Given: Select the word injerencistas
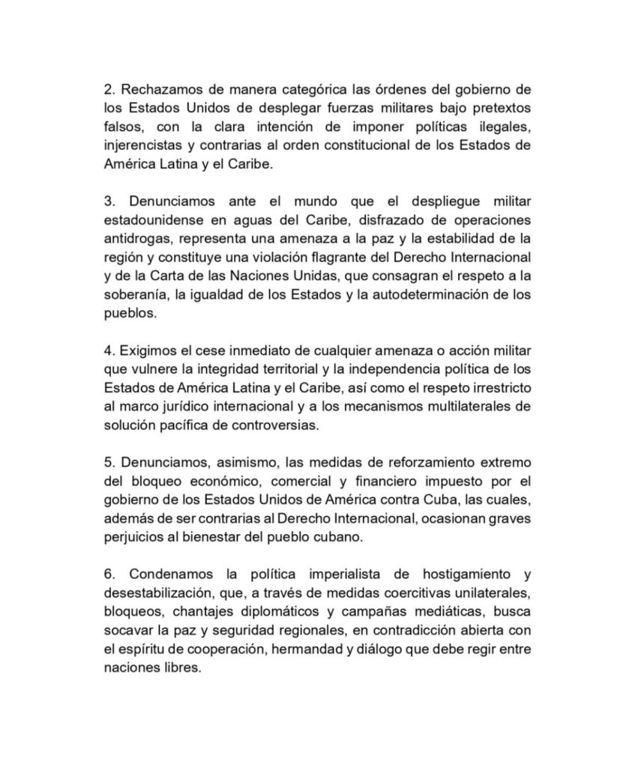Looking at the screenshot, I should (141, 145).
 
